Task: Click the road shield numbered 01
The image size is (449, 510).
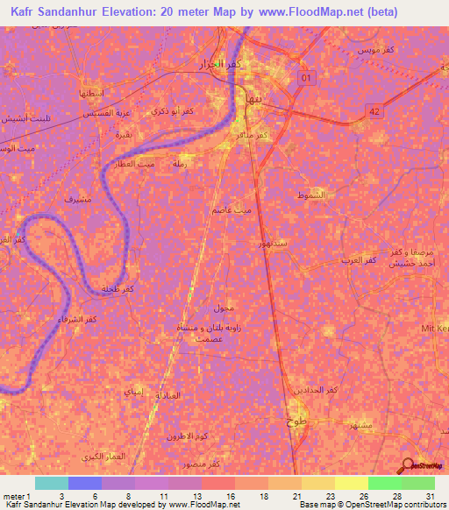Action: [x=306, y=79]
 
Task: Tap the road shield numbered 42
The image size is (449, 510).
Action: [x=374, y=111]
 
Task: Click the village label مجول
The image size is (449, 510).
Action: [x=223, y=309]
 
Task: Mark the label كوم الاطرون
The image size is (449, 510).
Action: [x=189, y=436]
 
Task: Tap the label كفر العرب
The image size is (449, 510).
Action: [x=359, y=261]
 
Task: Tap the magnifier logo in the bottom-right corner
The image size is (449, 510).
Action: [x=409, y=465]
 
